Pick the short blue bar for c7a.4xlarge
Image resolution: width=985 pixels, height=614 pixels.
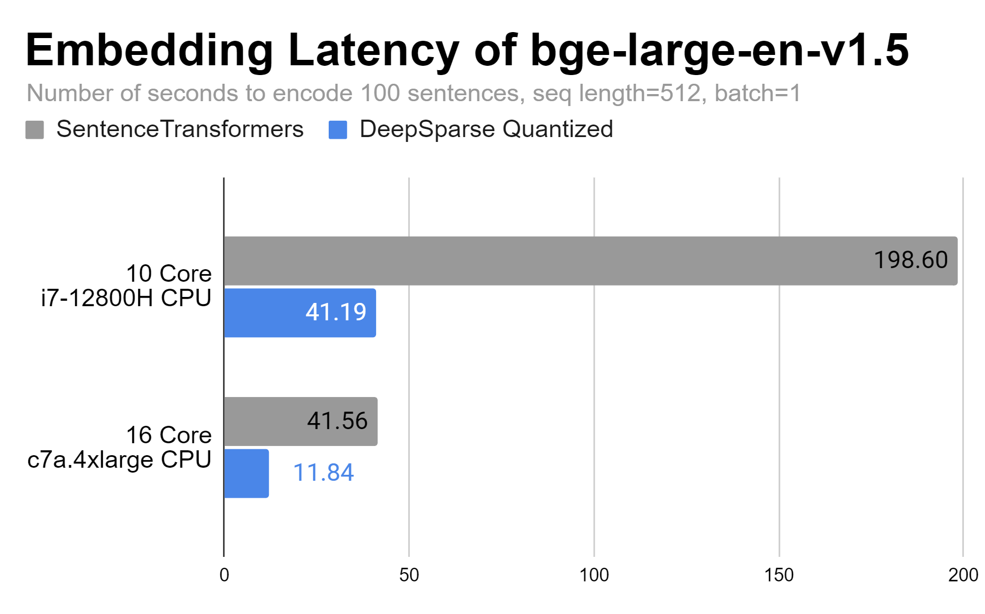coord(246,473)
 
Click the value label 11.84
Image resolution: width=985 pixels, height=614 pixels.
coord(323,473)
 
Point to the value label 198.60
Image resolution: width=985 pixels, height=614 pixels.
coord(910,260)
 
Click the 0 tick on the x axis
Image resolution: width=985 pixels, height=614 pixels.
coord(224,575)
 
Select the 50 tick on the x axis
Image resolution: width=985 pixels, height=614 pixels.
coord(409,575)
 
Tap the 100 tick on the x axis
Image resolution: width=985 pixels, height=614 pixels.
coord(594,575)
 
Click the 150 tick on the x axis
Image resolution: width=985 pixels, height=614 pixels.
coord(779,575)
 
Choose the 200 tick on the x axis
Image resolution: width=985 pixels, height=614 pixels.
coord(963,575)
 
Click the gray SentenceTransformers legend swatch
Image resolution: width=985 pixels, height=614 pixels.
coord(34,130)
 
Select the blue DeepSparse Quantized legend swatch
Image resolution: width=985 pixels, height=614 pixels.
coord(338,130)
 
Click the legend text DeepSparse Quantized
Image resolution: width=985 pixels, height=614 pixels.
coord(486,129)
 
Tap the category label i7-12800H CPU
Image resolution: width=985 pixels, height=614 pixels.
coord(126,298)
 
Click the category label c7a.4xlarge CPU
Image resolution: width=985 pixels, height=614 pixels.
coord(120,460)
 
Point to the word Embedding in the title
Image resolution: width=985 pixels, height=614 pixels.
coord(149,50)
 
